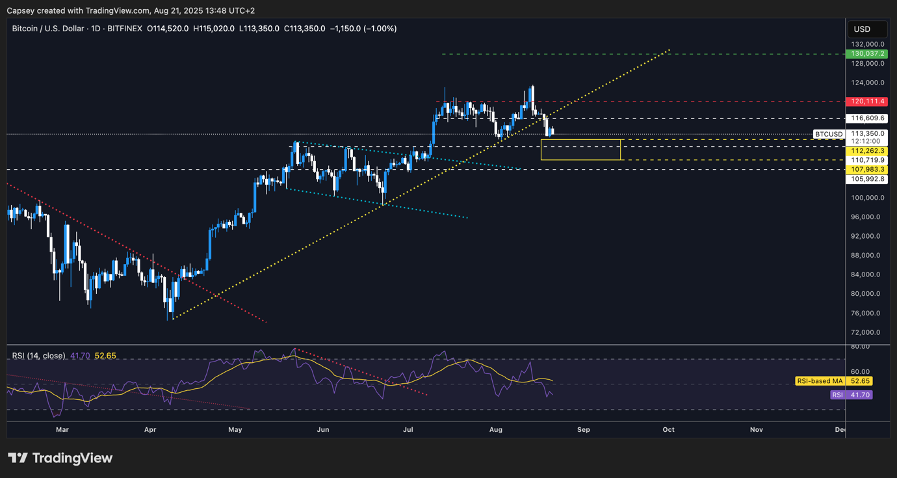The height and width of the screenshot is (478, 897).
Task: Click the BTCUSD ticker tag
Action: (x=829, y=135)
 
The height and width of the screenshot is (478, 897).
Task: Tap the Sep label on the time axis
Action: (x=584, y=429)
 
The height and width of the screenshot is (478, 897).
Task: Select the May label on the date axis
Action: (x=235, y=429)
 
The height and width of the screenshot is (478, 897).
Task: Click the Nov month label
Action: (x=757, y=429)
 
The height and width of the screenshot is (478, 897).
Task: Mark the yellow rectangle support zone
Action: (x=580, y=150)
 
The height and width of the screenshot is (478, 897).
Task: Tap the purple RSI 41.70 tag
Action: (x=851, y=395)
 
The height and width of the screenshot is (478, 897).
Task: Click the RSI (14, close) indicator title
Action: (x=39, y=356)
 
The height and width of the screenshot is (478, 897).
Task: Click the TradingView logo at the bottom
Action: (x=60, y=458)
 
